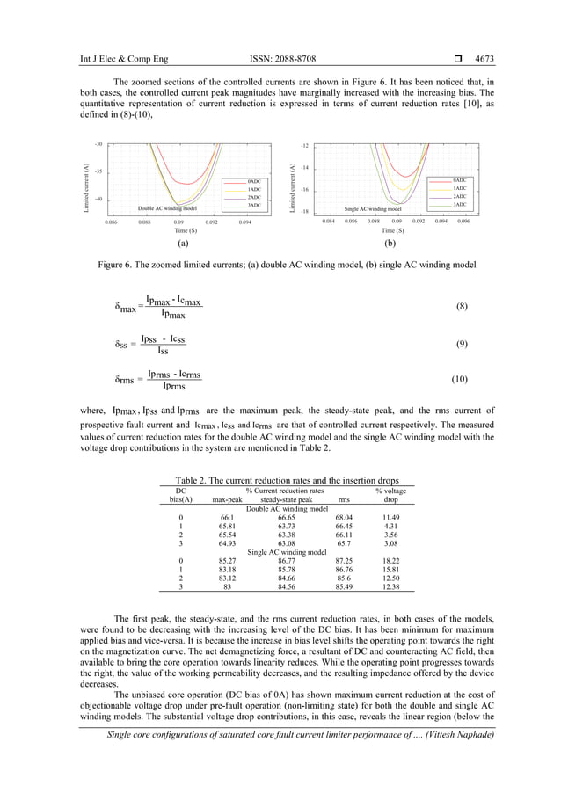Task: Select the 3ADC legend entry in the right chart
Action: click(460, 204)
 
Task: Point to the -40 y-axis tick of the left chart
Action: click(98, 200)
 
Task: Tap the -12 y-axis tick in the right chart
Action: click(304, 144)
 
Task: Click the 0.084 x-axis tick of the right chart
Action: click(328, 222)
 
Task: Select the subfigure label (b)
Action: click(390, 239)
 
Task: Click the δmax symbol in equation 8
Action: click(128, 307)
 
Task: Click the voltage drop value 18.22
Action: click(391, 560)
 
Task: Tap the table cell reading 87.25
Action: click(344, 560)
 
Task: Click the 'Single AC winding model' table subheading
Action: click(280, 551)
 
